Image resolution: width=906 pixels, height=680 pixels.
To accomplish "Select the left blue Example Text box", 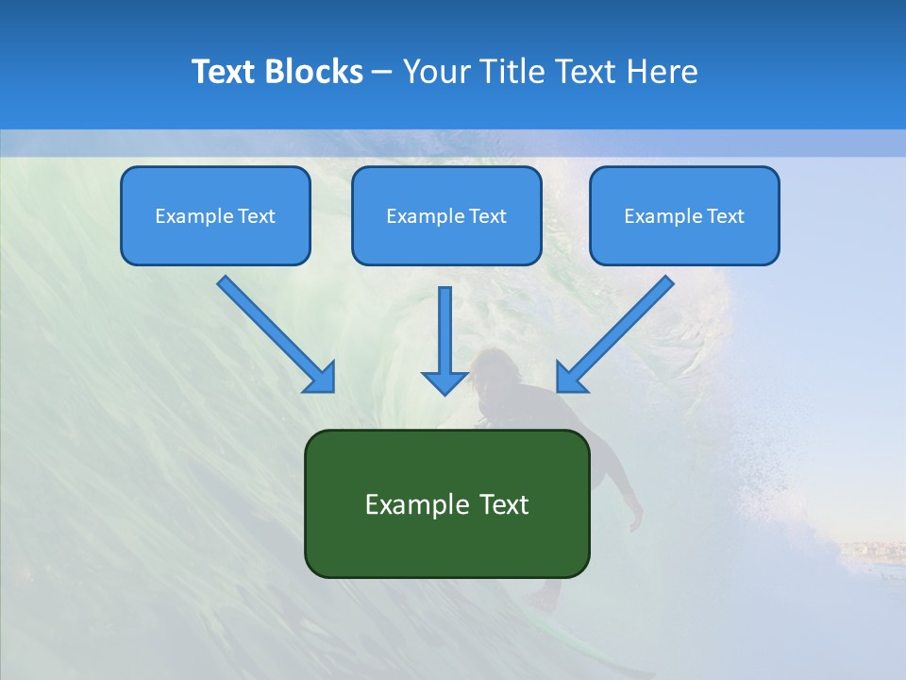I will [x=215, y=215].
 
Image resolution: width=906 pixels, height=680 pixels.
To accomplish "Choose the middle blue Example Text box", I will [x=446, y=215].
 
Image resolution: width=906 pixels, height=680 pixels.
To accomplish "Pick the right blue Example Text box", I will [x=684, y=215].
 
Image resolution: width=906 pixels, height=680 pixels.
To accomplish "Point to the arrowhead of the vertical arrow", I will [x=445, y=382].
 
